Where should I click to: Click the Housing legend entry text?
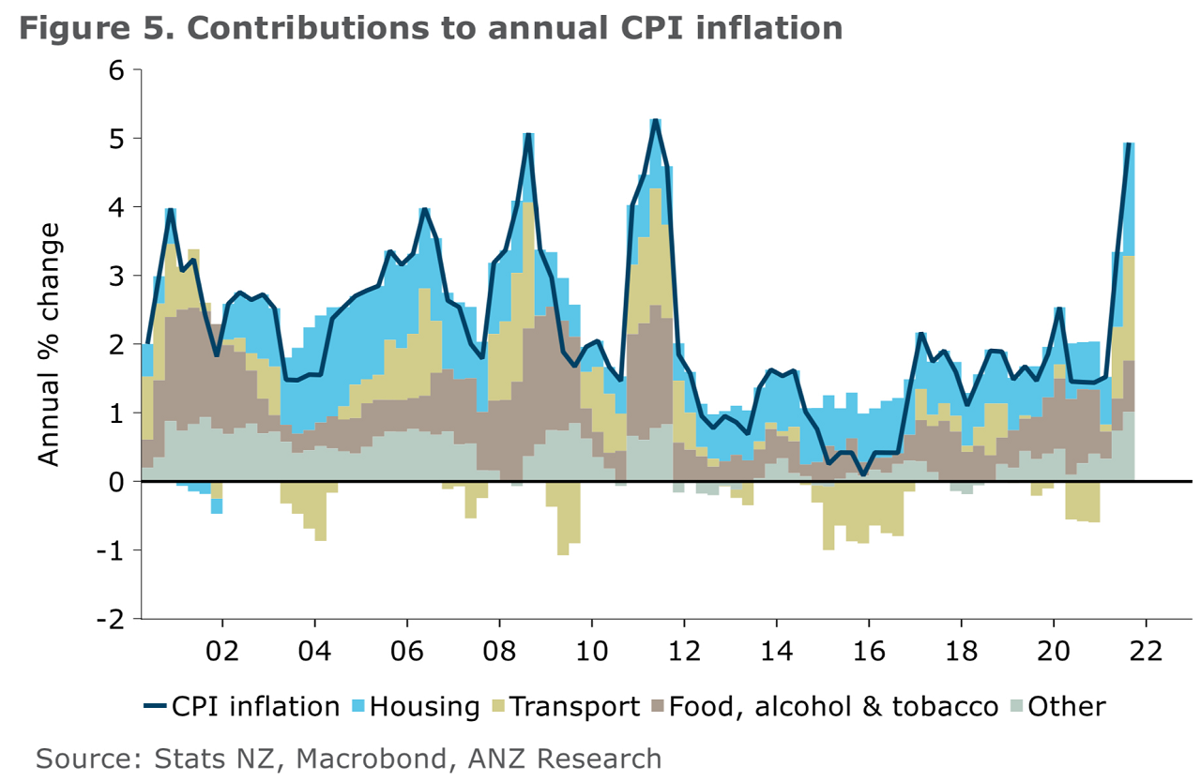pyautogui.click(x=425, y=706)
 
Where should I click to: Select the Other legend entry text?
pyautogui.click(x=1067, y=706)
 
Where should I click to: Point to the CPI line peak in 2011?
pyautogui.click(x=655, y=120)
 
